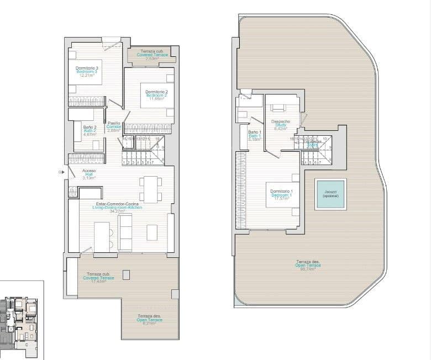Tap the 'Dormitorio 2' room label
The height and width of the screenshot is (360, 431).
coord(156,92)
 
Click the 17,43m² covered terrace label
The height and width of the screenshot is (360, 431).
coord(99,281)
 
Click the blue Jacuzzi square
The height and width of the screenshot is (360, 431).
coord(330,194)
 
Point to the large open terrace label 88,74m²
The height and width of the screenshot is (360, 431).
coord(308,269)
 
